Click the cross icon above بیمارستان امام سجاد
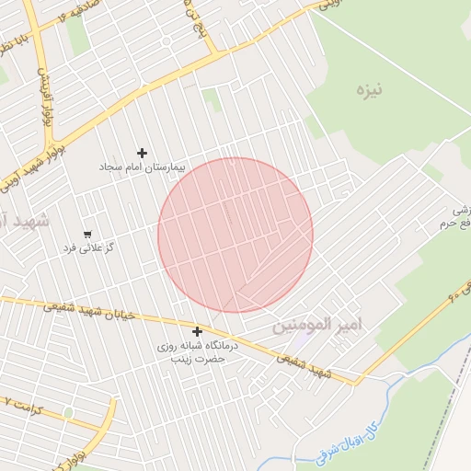pyautogui.click(x=142, y=153)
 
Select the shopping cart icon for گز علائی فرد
pyautogui.click(x=87, y=235)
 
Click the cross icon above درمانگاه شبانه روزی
pyautogui.click(x=197, y=331)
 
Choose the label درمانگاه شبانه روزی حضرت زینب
pyautogui.click(x=197, y=352)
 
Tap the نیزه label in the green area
pyautogui.click(x=371, y=90)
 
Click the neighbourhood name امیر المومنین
pyautogui.click(x=318, y=326)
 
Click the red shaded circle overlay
pyautogui.click(x=235, y=235)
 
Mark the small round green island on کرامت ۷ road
pyautogui.click(x=67, y=412)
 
